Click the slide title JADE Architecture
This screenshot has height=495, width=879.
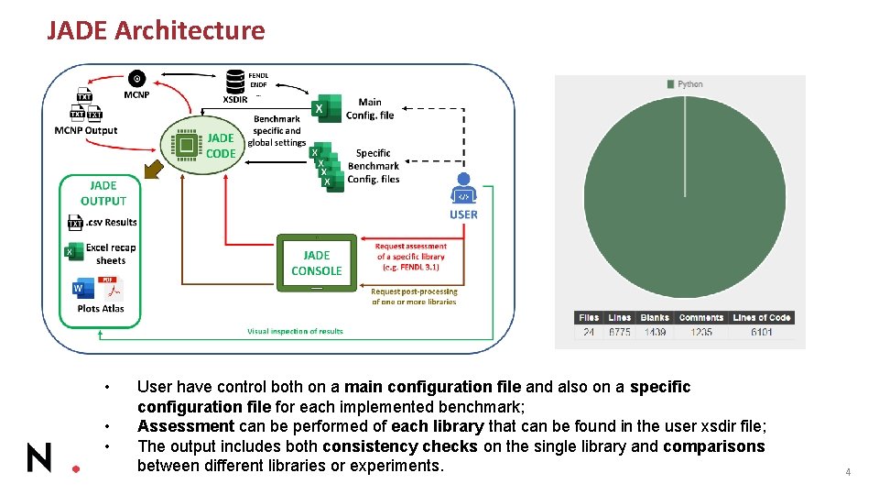[x=156, y=31]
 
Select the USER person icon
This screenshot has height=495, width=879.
[x=463, y=189]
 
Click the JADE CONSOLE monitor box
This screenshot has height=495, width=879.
[x=316, y=263]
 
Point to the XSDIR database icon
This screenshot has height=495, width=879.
[x=234, y=81]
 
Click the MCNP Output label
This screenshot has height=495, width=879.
[x=86, y=130]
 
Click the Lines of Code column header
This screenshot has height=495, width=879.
[x=762, y=318]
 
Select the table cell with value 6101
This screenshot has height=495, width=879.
[x=762, y=332]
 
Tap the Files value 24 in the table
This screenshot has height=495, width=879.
[x=589, y=332]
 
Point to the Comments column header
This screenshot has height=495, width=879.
[x=701, y=318]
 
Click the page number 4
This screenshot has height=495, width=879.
[x=848, y=472]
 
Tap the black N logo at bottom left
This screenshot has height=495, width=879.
[x=39, y=456]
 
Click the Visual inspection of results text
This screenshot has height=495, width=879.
[x=295, y=331]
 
